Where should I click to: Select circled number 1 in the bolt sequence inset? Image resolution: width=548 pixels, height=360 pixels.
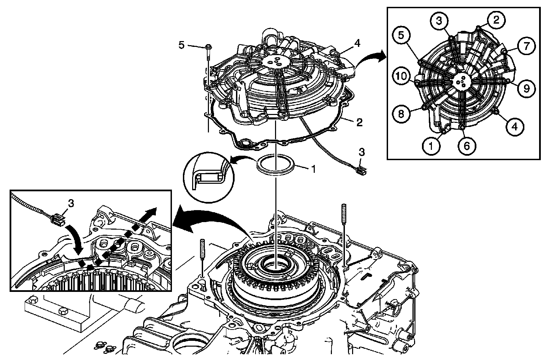point(431,146)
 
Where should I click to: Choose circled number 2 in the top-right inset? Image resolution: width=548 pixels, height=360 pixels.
point(497,20)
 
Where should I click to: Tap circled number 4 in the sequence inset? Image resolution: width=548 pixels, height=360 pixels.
point(515,127)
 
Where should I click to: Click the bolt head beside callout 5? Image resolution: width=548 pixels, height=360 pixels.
point(208,47)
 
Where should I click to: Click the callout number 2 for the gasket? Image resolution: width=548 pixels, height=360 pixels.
point(359,122)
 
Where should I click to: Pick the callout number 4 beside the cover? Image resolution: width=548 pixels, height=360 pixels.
point(357,43)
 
